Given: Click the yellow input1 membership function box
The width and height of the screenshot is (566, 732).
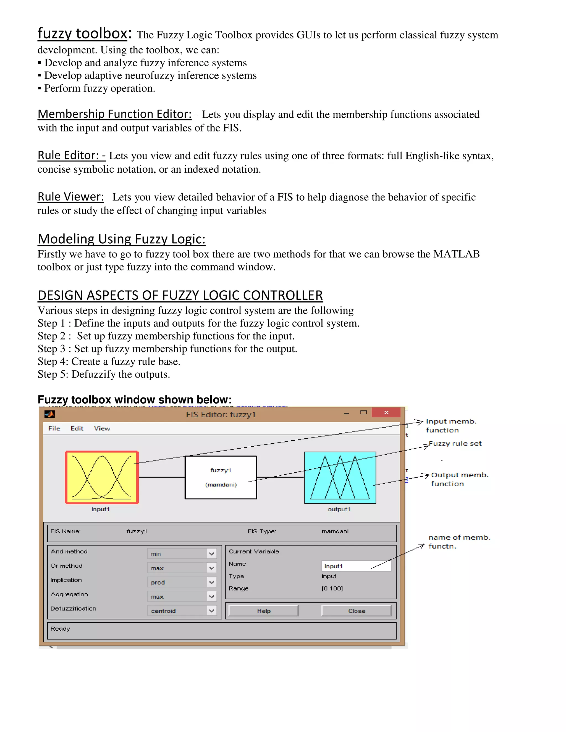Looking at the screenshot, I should (102, 477).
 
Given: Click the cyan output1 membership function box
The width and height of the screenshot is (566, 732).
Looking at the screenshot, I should (340, 478).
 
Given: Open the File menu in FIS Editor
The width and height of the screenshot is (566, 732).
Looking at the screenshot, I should (54, 428).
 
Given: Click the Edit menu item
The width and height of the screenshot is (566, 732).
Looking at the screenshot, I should (77, 428).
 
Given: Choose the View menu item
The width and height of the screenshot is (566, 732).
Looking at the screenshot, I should (102, 428).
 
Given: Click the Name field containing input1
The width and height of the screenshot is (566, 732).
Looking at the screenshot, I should (356, 566).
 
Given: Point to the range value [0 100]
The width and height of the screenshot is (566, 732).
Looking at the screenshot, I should (332, 588).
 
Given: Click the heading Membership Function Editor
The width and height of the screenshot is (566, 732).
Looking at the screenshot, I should (114, 114).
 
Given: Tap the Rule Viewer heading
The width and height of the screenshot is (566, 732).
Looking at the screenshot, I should (71, 196).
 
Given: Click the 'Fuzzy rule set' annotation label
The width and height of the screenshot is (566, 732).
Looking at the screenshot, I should (455, 443).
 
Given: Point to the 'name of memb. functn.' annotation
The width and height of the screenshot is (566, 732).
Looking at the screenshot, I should (459, 542).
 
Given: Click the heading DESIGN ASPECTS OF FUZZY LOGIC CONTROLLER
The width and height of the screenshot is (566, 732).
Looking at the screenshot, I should (180, 295).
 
